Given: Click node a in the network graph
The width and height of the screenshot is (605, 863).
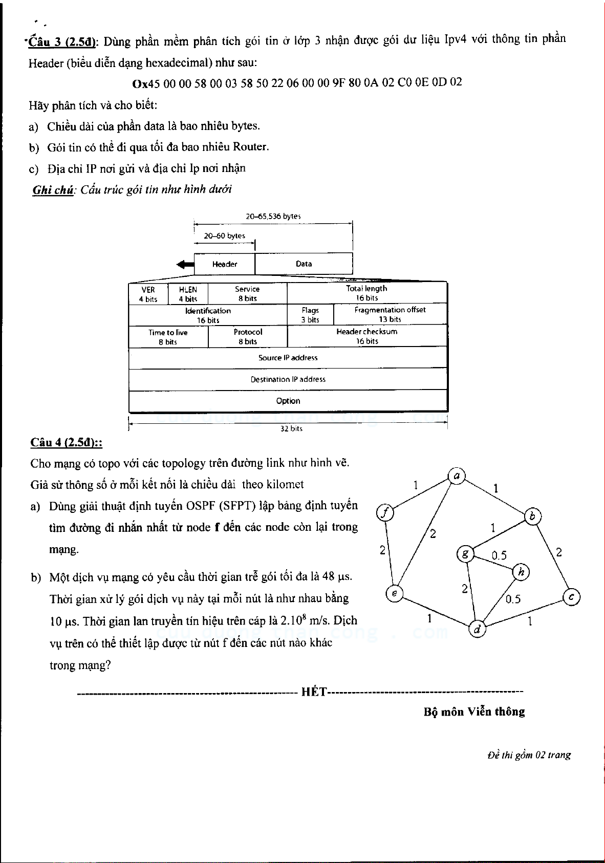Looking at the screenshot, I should [456, 476].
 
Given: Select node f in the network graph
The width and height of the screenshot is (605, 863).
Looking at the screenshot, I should [385, 512].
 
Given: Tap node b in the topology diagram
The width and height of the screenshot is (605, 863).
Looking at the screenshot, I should [532, 517].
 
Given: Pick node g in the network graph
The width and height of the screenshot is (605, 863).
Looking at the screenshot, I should [465, 554].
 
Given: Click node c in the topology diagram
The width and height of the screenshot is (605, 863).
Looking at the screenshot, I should [571, 597].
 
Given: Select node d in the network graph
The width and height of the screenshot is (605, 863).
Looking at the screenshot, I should [477, 629].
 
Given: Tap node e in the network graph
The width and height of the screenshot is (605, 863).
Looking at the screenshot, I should [394, 593].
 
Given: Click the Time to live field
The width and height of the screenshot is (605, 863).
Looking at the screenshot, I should [168, 337].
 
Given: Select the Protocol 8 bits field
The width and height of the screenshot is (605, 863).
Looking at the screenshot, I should [248, 337].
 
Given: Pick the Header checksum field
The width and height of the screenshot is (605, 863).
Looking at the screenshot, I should [367, 336].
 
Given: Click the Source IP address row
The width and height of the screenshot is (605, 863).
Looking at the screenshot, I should [288, 358].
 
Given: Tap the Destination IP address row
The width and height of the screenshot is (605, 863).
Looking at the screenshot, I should [288, 379].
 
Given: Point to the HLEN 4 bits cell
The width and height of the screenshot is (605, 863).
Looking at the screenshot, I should [188, 294].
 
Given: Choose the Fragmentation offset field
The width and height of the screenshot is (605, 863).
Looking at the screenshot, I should [390, 314].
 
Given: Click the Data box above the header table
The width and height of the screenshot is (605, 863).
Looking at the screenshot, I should [304, 264].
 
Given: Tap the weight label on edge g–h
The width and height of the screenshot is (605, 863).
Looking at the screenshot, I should [499, 555].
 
